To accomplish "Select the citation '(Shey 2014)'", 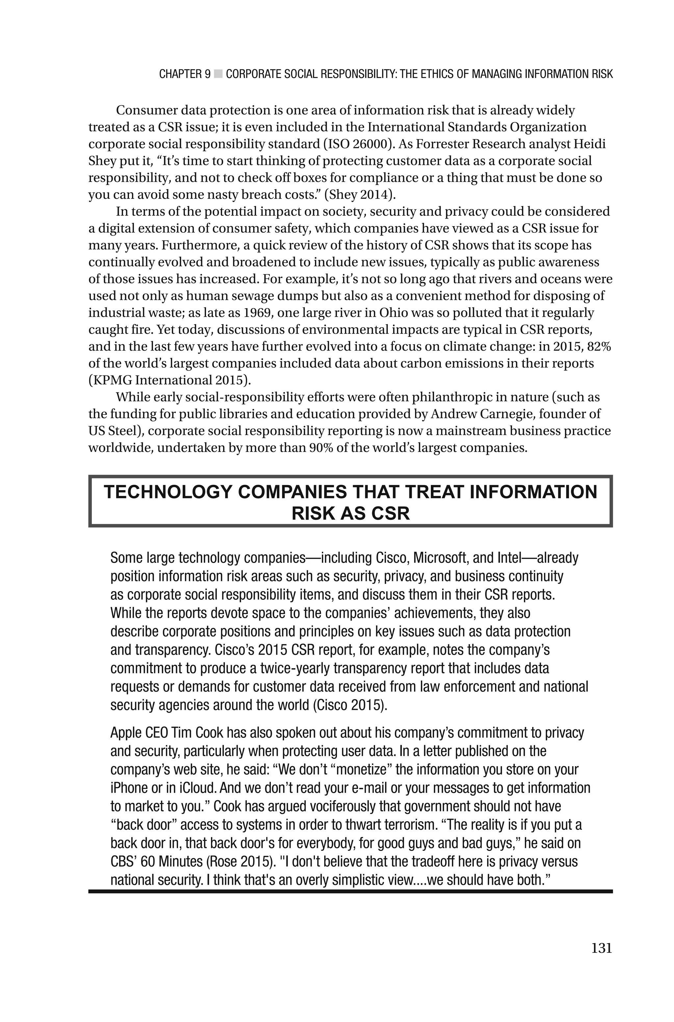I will tap(359, 195).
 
